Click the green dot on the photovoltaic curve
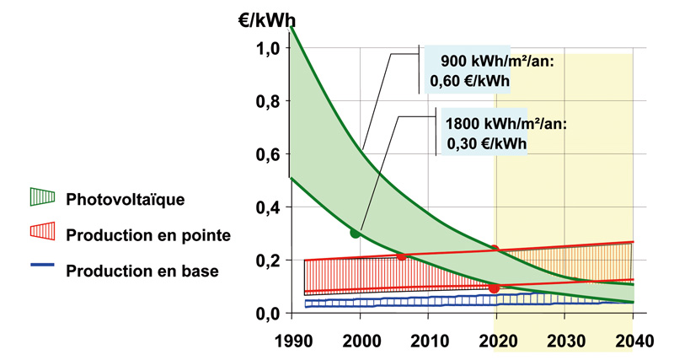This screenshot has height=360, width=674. click(356, 233)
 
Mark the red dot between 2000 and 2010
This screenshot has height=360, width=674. click(401, 255)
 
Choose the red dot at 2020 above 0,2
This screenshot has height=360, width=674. click(495, 250)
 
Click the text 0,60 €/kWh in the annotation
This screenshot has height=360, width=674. click(477, 81)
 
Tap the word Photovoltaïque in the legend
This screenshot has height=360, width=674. click(125, 199)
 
